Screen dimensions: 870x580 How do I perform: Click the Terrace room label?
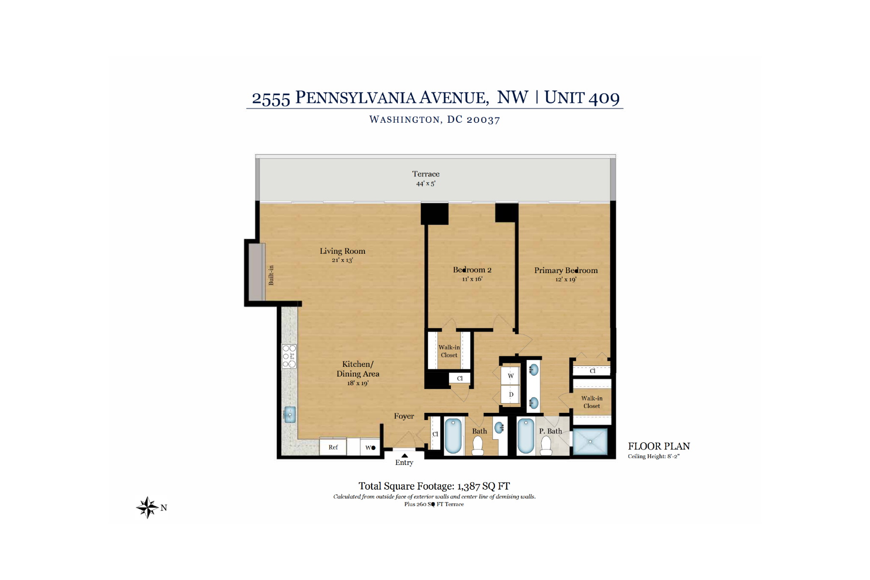pos(426,174)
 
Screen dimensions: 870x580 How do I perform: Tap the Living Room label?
pos(342,251)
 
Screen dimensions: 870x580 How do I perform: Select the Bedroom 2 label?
pos(472,270)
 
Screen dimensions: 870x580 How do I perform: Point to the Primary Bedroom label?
pos(566,270)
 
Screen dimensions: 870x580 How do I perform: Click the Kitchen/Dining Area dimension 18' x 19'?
pos(358,383)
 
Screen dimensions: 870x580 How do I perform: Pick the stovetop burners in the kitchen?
pos(290,356)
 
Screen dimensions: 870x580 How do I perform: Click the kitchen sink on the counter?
pos(290,415)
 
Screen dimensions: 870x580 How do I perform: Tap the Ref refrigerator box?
pos(333,447)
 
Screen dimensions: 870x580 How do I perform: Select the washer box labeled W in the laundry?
pos(510,376)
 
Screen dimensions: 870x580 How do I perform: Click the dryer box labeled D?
pos(510,394)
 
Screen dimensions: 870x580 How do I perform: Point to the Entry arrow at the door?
pos(405,455)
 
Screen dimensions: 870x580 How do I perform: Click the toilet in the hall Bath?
pos(478,446)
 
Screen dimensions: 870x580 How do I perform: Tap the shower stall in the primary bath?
pos(590,441)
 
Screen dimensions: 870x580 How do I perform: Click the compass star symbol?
pos(147,507)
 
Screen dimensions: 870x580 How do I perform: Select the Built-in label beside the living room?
pos(271,275)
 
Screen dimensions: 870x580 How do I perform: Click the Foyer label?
pos(404,416)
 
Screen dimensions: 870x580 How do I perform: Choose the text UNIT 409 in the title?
pos(582,98)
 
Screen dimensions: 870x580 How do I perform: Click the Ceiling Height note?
pos(653,456)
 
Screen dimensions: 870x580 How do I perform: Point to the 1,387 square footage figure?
pos(468,486)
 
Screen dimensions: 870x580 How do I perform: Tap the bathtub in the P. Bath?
pos(525,436)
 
